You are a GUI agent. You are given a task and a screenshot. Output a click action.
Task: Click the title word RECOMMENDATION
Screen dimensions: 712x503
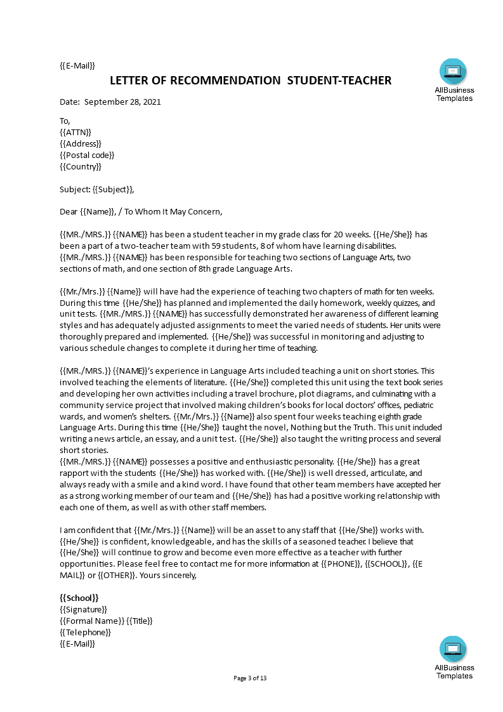216,81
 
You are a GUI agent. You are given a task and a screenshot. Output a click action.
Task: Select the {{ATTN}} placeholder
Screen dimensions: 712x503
75,132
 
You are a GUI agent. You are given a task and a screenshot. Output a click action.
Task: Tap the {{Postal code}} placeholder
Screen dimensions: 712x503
87,155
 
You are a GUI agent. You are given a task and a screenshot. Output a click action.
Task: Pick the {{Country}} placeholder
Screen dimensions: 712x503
81,166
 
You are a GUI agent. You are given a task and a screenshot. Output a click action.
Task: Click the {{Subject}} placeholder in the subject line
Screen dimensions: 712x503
112,189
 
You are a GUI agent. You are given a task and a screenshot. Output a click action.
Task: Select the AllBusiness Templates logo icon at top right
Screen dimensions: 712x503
454,72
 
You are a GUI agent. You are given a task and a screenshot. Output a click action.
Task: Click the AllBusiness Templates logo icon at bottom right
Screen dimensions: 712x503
454,649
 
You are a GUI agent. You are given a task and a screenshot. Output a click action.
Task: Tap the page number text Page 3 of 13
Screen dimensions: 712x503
251,678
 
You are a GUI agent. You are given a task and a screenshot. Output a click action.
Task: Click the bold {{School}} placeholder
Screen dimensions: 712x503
79,598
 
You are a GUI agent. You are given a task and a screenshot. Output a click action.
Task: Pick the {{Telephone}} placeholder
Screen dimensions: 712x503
85,632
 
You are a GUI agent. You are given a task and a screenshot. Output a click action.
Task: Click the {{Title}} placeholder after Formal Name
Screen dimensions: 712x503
140,621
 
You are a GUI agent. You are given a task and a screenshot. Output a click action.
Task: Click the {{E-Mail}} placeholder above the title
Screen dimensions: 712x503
77,65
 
